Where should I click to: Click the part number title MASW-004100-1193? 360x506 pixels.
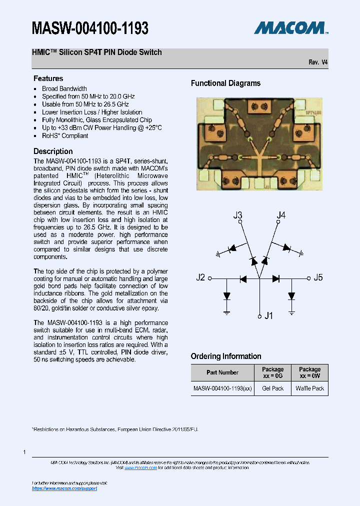click(x=90, y=28)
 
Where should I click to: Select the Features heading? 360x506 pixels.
click(x=48, y=78)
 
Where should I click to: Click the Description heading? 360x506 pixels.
click(x=53, y=151)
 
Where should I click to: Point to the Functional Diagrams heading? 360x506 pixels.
click(x=225, y=83)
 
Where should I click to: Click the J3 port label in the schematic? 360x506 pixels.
click(x=238, y=215)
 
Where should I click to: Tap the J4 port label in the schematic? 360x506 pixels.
click(x=281, y=215)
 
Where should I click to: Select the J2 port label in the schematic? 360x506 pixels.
click(x=200, y=277)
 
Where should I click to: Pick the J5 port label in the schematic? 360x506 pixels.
click(x=318, y=277)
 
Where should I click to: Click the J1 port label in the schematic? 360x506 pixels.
click(x=268, y=316)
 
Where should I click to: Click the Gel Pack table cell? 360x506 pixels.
click(x=273, y=388)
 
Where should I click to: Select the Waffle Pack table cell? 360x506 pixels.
click(x=309, y=388)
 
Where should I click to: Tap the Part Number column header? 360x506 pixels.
click(x=222, y=372)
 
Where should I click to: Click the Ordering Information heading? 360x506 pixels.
click(x=226, y=356)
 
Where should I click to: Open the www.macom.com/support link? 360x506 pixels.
click(x=64, y=488)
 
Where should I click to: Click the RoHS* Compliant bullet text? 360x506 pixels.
click(x=65, y=135)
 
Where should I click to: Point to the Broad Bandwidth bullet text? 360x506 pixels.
click(x=64, y=88)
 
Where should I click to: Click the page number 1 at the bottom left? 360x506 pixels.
click(x=24, y=452)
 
